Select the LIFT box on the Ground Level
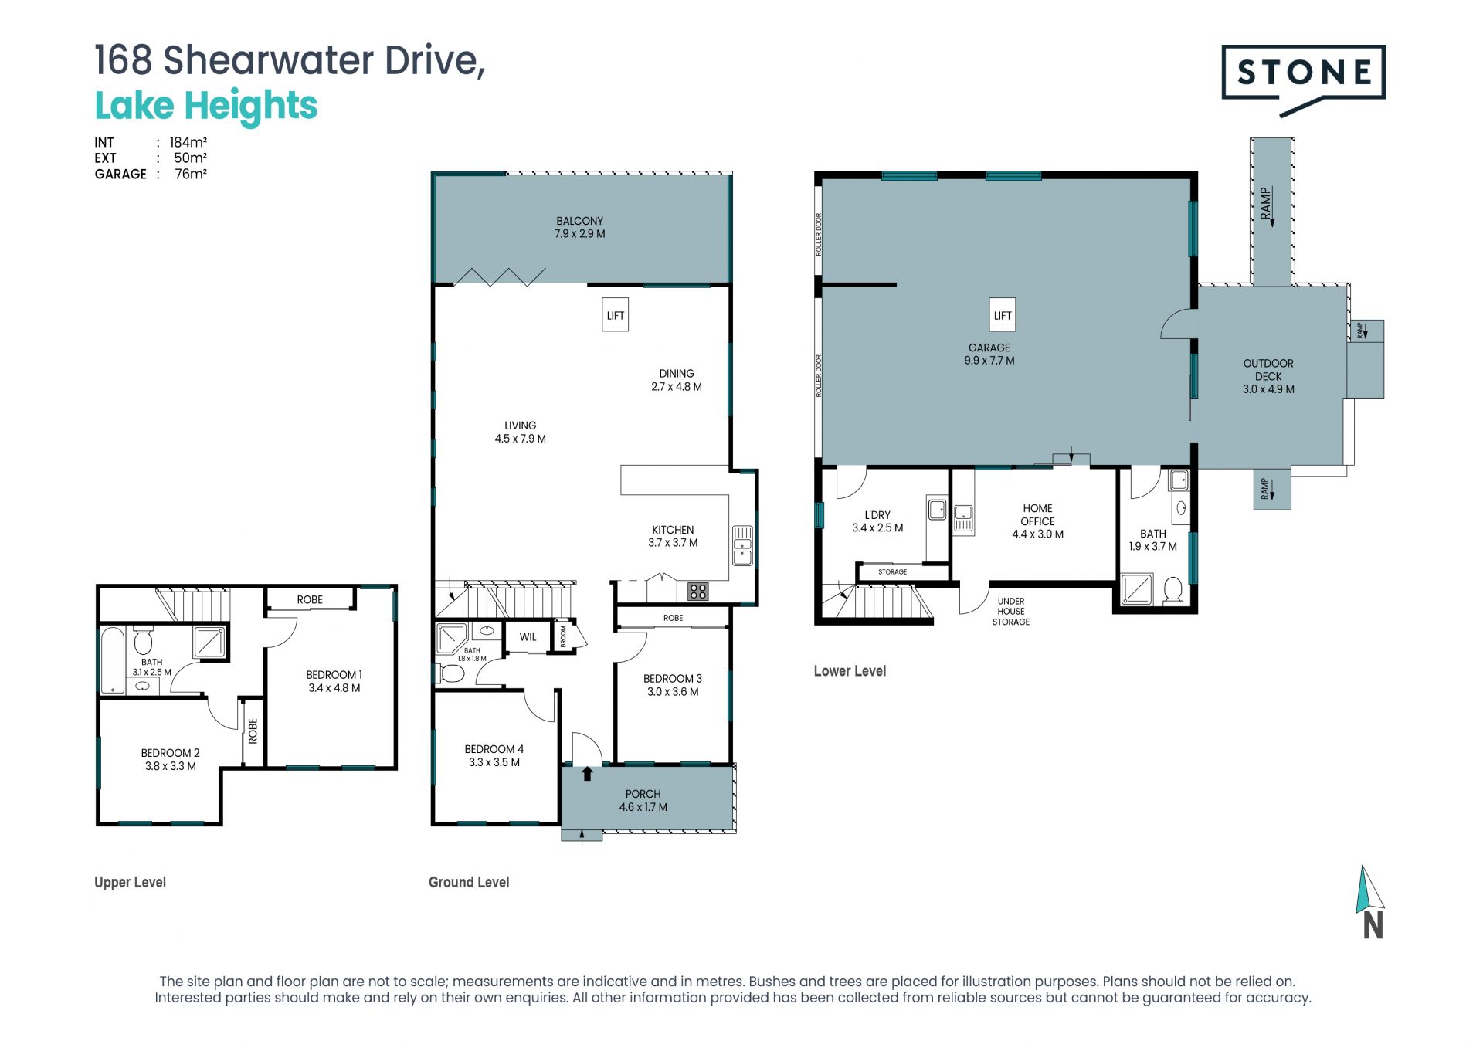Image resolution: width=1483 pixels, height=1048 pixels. [x=615, y=315]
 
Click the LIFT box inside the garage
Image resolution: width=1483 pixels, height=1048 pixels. [x=1002, y=315]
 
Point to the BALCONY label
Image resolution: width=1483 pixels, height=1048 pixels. [x=579, y=221]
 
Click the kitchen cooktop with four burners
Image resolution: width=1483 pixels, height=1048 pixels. [x=698, y=592]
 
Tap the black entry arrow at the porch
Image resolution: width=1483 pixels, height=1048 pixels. [x=587, y=773]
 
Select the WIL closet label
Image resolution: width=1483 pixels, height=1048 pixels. [x=528, y=637]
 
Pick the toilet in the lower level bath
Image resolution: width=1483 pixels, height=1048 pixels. [x=1172, y=590]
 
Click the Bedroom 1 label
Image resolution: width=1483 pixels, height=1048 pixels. [x=334, y=675]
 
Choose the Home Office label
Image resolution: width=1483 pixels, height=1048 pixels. [x=1037, y=514]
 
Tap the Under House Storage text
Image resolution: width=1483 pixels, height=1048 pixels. [x=1011, y=611]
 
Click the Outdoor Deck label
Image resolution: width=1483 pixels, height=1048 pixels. [x=1268, y=369]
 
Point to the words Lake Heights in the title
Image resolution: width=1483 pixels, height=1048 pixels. [x=206, y=106]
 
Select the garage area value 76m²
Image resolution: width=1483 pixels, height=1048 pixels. [x=191, y=174]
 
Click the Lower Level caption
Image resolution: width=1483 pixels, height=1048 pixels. [x=850, y=671]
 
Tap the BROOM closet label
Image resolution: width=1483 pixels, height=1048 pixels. [x=563, y=636]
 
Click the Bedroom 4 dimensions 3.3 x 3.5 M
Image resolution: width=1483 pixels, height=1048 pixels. [x=494, y=762]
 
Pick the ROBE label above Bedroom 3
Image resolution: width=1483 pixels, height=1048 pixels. [x=673, y=618]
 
